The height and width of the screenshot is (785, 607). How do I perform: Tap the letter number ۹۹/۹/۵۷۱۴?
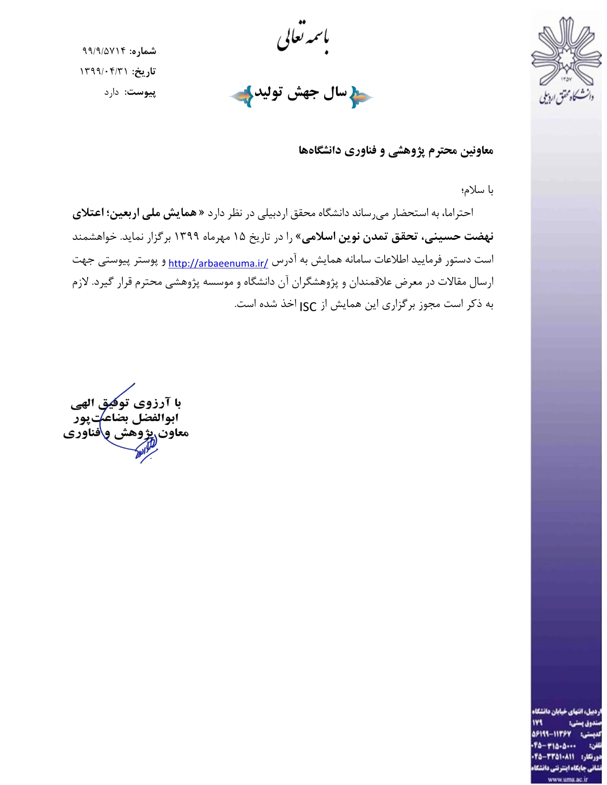(104, 50)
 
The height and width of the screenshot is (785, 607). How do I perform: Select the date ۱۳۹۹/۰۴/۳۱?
(104, 71)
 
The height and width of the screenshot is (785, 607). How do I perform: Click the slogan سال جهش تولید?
(301, 93)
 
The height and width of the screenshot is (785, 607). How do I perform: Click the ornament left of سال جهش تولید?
(241, 97)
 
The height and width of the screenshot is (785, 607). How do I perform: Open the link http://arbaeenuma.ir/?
(218, 263)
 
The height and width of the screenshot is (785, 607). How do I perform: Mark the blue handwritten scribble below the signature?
(146, 451)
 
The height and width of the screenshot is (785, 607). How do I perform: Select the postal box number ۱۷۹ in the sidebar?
(537, 723)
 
